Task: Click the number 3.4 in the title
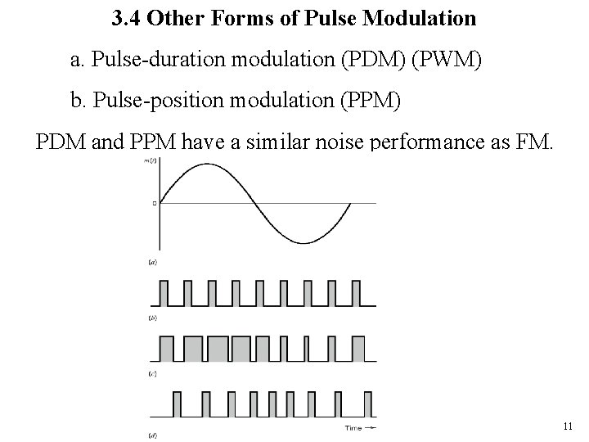coord(124,17)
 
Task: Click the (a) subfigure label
coord(152,263)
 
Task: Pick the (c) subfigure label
coord(152,372)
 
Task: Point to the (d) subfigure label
coord(152,431)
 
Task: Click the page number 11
coord(568,426)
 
